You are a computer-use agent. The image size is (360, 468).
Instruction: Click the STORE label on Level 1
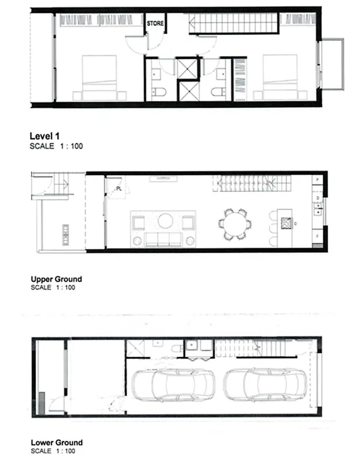156,24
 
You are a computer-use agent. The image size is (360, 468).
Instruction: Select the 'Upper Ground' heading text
56,279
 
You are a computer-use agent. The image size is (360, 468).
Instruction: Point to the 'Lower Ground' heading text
56,442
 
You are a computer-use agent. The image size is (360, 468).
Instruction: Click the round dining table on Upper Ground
235,223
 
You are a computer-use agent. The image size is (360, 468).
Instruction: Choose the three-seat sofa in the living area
163,239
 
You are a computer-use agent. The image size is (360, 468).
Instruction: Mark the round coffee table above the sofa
165,221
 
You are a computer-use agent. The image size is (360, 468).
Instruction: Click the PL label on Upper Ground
118,188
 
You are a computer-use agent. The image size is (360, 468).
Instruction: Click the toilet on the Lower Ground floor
176,348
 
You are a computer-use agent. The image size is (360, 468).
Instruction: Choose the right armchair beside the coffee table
188,222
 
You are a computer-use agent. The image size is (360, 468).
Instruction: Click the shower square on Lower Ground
136,348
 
